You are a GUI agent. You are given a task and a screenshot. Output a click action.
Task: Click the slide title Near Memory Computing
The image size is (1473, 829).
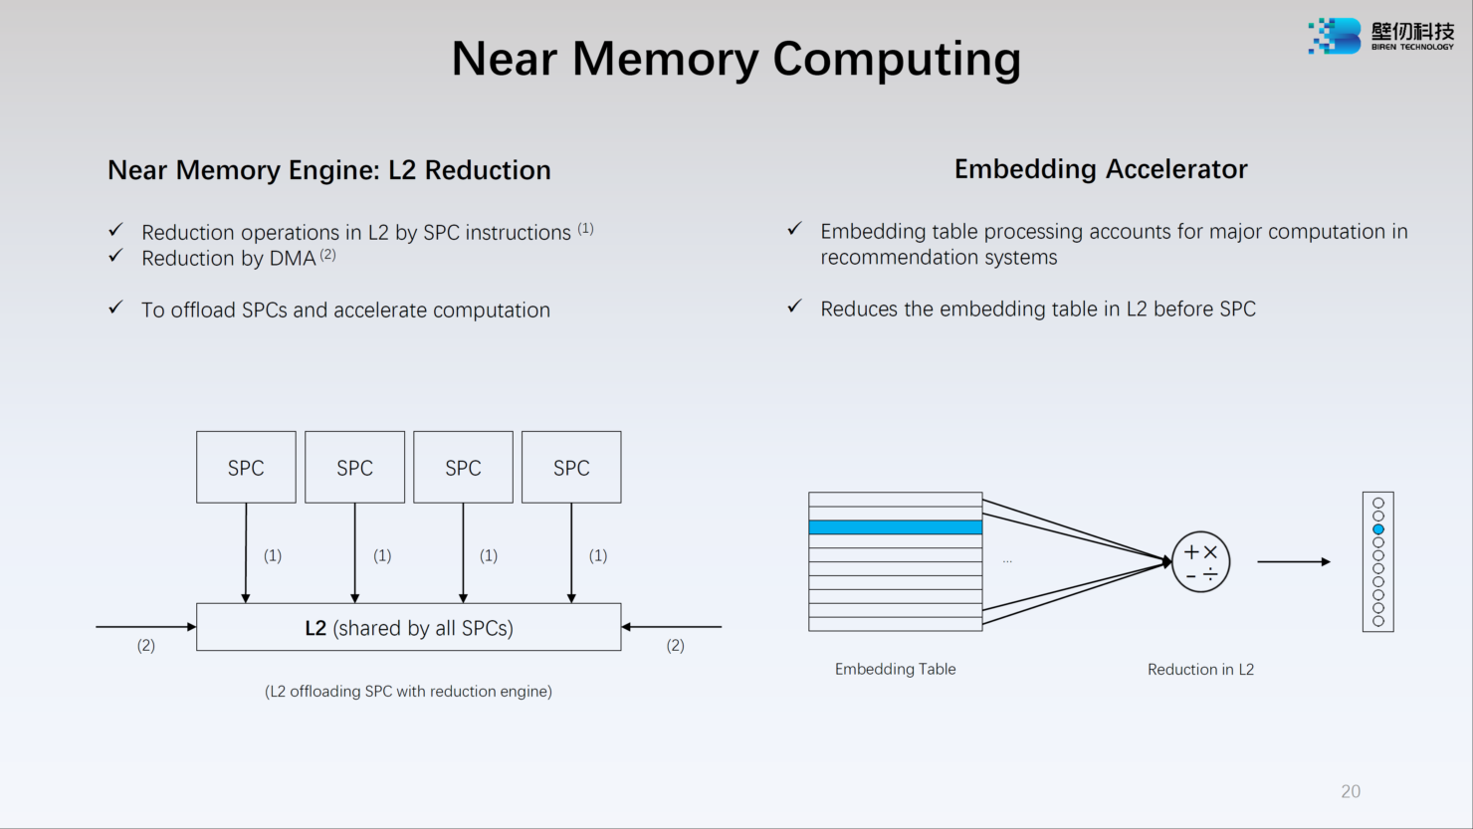736,58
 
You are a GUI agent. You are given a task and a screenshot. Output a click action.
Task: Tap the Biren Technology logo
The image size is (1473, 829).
1380,36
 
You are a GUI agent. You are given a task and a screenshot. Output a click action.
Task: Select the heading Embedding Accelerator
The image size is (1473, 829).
1100,169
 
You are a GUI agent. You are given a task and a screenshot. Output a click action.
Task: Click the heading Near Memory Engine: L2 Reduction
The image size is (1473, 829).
328,170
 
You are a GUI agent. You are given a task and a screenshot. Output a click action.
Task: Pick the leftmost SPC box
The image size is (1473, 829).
246,467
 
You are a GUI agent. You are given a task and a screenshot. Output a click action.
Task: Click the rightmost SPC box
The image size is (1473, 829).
571,467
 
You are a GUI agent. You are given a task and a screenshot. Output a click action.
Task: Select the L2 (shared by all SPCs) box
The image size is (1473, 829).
408,627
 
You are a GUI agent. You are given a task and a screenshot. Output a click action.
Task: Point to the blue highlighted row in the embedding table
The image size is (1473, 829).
895,527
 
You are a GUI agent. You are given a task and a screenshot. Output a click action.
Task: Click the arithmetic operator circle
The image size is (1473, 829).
1200,562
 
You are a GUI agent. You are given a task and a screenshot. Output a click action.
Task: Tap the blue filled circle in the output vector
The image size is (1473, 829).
1378,529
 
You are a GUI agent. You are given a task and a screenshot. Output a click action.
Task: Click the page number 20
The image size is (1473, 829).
1351,791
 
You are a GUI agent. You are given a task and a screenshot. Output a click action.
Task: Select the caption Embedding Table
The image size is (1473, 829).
895,669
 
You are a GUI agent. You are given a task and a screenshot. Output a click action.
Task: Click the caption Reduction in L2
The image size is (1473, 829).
1200,669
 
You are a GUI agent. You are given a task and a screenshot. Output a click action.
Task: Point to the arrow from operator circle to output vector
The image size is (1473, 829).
1293,562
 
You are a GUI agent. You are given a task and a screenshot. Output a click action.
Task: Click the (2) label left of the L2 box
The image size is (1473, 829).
146,645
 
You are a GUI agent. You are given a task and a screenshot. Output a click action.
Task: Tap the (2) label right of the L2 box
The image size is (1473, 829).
675,645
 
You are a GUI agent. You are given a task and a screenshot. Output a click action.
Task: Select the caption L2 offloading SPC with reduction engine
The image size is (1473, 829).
408,691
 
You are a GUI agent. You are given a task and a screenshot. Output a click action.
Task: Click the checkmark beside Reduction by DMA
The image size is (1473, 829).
116,256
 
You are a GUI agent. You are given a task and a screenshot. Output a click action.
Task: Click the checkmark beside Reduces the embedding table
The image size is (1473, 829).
794,307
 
